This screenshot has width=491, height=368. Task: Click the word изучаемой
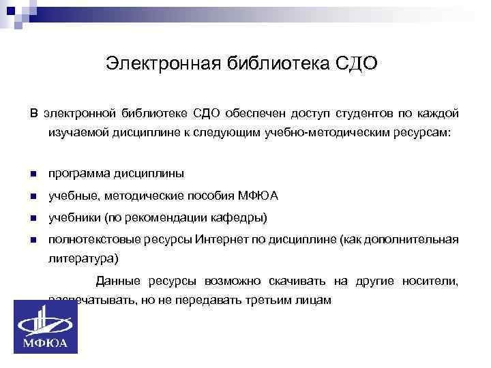(72, 132)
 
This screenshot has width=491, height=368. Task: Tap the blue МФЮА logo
(46, 326)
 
